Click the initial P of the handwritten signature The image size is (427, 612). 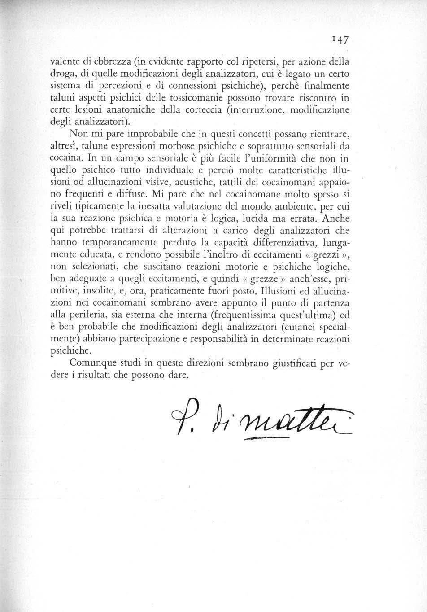[x=179, y=421]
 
